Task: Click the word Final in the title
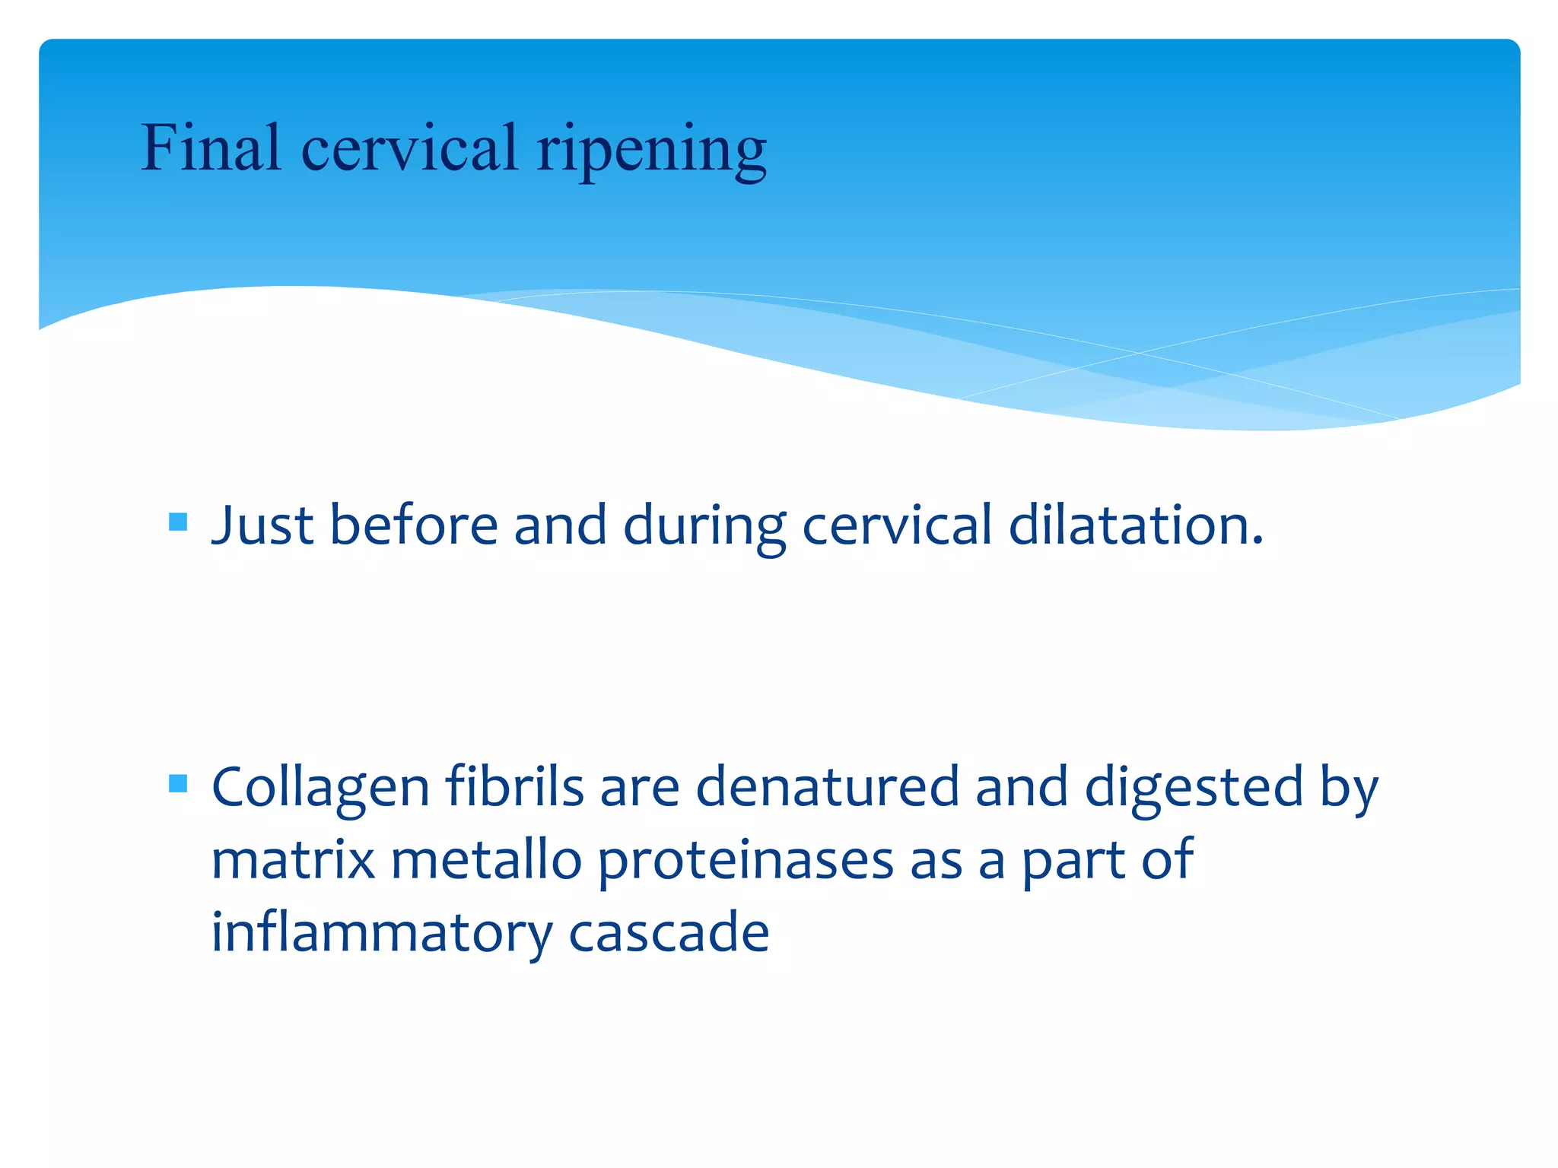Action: (211, 148)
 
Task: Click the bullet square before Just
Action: (178, 522)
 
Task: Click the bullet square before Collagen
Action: (178, 783)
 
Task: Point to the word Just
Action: (262, 525)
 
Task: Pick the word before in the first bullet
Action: (413, 525)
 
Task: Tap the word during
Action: (704, 527)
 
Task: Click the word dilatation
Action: (1135, 525)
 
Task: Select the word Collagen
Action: (320, 789)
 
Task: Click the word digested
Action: (1194, 789)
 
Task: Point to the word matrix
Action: (293, 860)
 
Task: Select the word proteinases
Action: (746, 862)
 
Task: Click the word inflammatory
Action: (382, 933)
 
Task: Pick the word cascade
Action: (669, 932)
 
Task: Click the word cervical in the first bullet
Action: (897, 525)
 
